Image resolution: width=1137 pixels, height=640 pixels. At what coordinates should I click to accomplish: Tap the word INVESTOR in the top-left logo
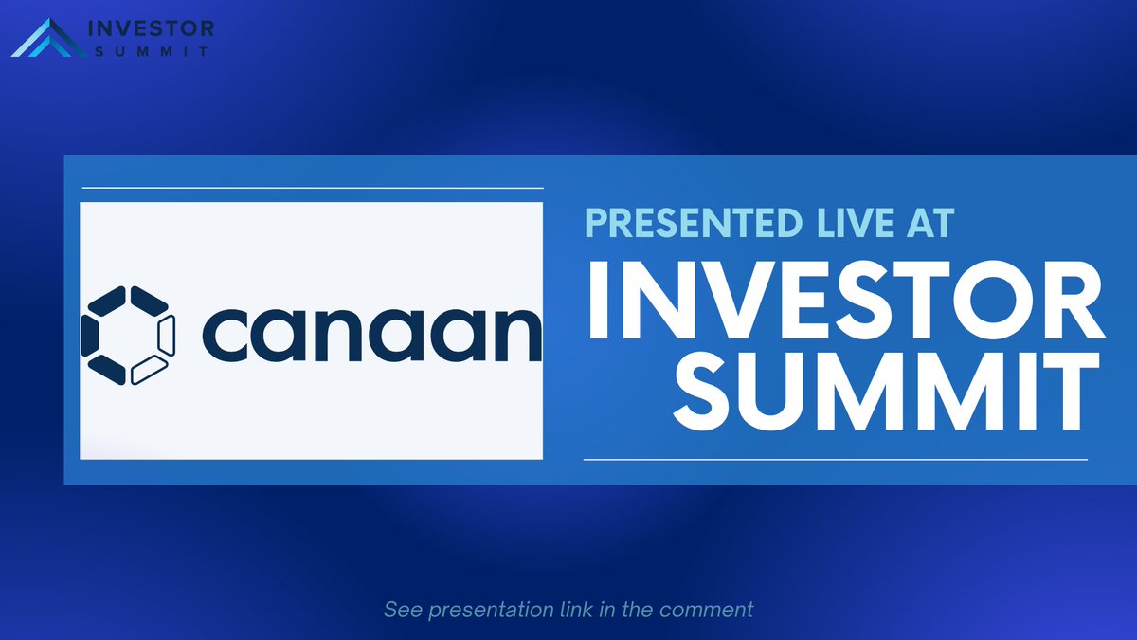[x=151, y=27]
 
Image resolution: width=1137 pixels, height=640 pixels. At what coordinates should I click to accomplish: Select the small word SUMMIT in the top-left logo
[x=151, y=51]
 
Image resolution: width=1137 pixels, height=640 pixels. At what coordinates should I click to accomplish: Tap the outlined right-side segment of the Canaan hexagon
[x=167, y=335]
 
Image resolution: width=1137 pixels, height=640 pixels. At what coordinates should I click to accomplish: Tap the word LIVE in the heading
[x=834, y=225]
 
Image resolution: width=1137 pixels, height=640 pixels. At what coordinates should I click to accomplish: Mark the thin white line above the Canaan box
[x=313, y=188]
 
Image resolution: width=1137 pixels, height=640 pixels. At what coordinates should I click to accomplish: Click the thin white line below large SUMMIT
[x=835, y=460]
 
